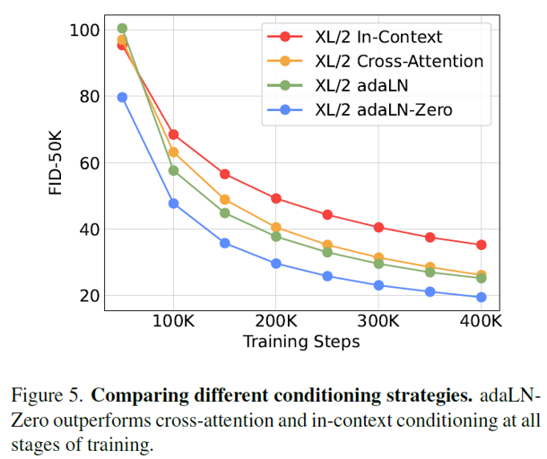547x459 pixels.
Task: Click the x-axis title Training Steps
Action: coord(301,342)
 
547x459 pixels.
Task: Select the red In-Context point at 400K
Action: coord(482,245)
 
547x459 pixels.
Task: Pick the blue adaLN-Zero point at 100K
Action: coord(174,204)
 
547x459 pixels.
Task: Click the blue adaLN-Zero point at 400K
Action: coord(482,297)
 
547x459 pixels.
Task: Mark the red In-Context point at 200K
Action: coord(276,198)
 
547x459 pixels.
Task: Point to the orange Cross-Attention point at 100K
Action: coord(174,152)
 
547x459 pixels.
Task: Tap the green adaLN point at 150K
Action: coord(225,212)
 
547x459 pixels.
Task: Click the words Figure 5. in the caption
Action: coord(48,395)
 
